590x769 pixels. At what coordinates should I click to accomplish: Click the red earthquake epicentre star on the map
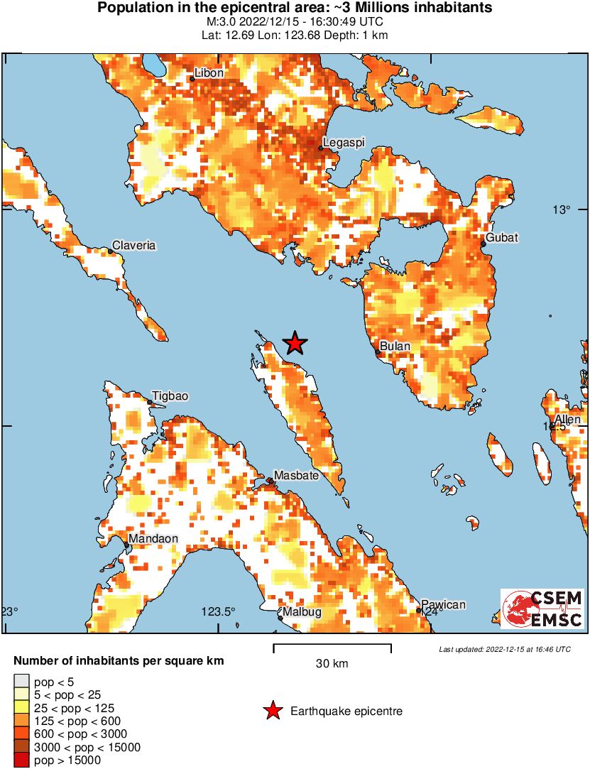[295, 344]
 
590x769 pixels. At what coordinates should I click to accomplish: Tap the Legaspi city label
[343, 143]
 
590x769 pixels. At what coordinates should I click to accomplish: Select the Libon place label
[209, 73]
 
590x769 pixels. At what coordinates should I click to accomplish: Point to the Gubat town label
[502, 237]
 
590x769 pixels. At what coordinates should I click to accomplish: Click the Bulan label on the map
[395, 347]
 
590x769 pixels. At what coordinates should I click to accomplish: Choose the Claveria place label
[135, 245]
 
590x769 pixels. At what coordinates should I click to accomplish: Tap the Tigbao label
[170, 396]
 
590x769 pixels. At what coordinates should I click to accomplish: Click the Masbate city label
[296, 475]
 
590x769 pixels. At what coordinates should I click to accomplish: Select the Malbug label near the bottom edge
[302, 612]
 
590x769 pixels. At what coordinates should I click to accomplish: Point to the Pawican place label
[444, 605]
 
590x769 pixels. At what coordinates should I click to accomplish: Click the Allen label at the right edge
[568, 420]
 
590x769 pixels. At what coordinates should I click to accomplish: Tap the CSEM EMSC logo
[542, 609]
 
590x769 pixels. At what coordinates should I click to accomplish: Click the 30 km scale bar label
[332, 664]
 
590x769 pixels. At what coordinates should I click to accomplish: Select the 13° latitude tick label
[562, 209]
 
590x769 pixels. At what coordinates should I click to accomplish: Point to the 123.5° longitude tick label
[217, 612]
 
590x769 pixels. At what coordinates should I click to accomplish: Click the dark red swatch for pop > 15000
[21, 760]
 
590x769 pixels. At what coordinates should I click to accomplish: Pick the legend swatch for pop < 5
[21, 682]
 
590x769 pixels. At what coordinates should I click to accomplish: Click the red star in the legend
[272, 711]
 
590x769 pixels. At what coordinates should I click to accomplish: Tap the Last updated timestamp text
[505, 649]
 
